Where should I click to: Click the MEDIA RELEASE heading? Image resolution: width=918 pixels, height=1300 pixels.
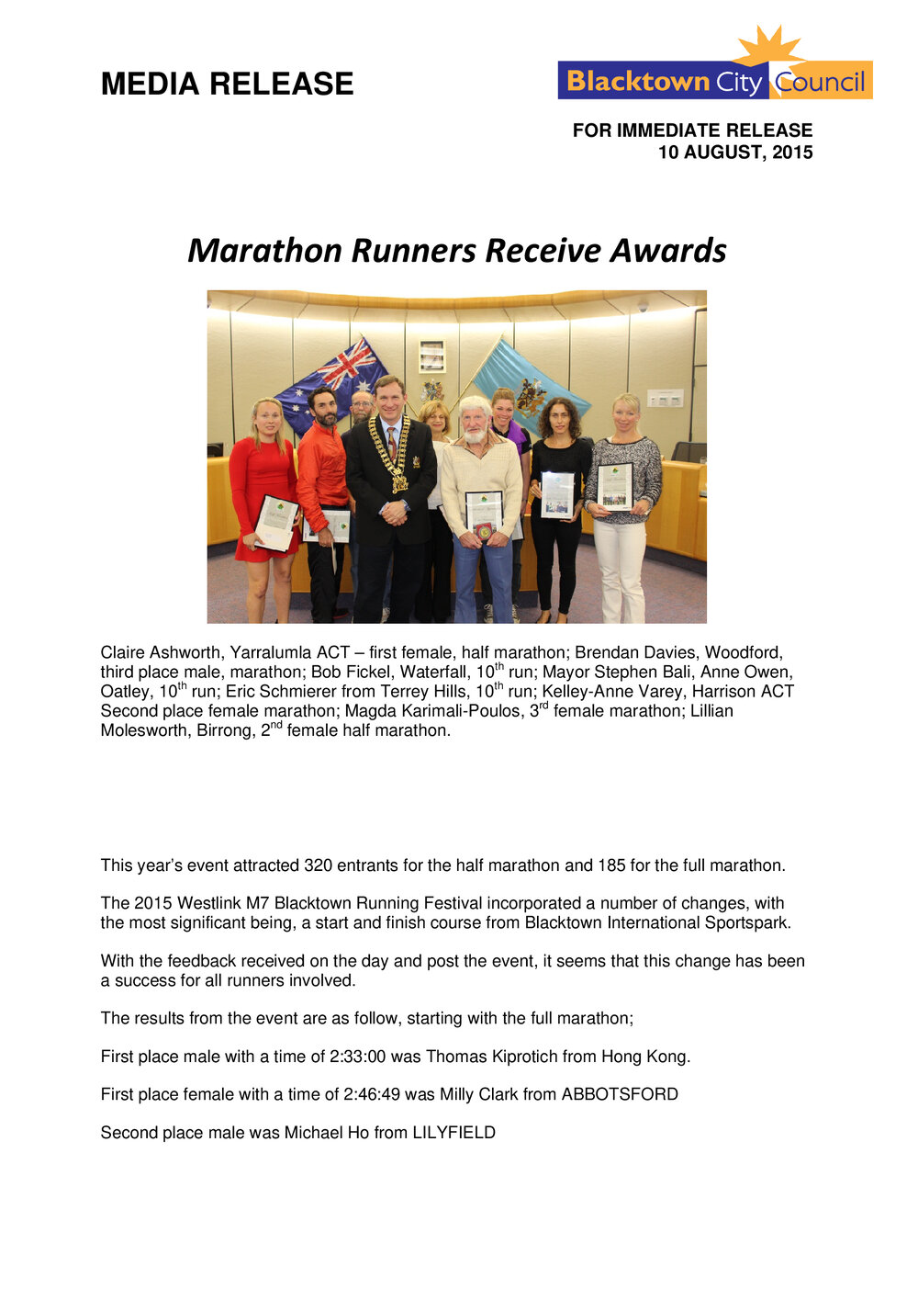click(x=227, y=84)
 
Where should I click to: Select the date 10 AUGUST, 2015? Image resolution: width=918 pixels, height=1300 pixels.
click(x=734, y=153)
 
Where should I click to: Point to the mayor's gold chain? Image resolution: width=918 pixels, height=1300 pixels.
click(x=390, y=450)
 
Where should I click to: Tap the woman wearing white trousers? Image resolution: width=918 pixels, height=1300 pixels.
click(x=623, y=505)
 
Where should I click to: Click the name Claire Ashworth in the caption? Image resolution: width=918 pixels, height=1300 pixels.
click(x=161, y=652)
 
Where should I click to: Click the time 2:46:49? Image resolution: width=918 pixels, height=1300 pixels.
click(x=372, y=1094)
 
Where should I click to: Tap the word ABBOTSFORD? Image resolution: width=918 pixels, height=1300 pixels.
click(x=620, y=1094)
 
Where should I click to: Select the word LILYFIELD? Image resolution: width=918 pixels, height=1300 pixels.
click(x=453, y=1133)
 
